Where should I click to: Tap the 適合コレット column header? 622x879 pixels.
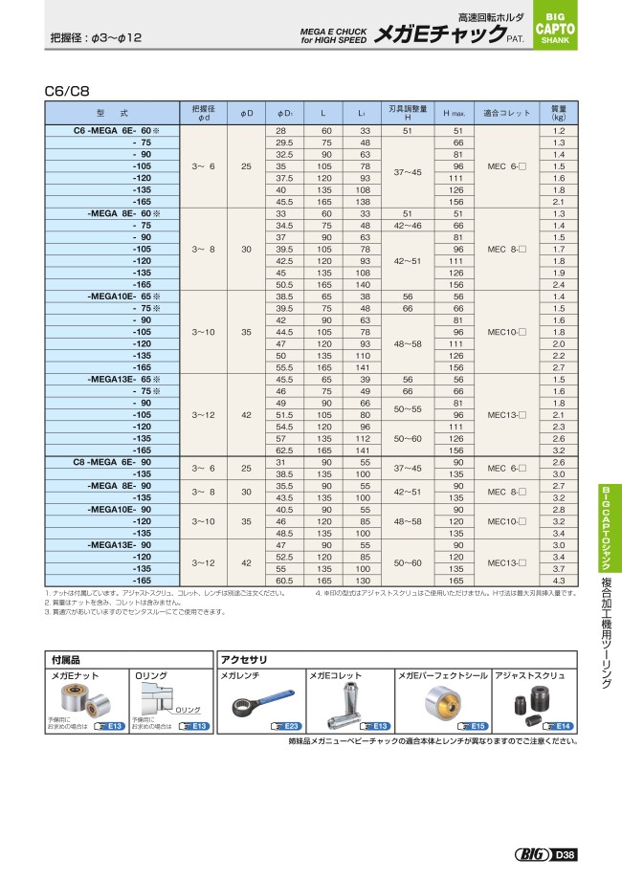click(506, 113)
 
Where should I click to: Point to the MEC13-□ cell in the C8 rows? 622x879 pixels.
click(506, 562)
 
